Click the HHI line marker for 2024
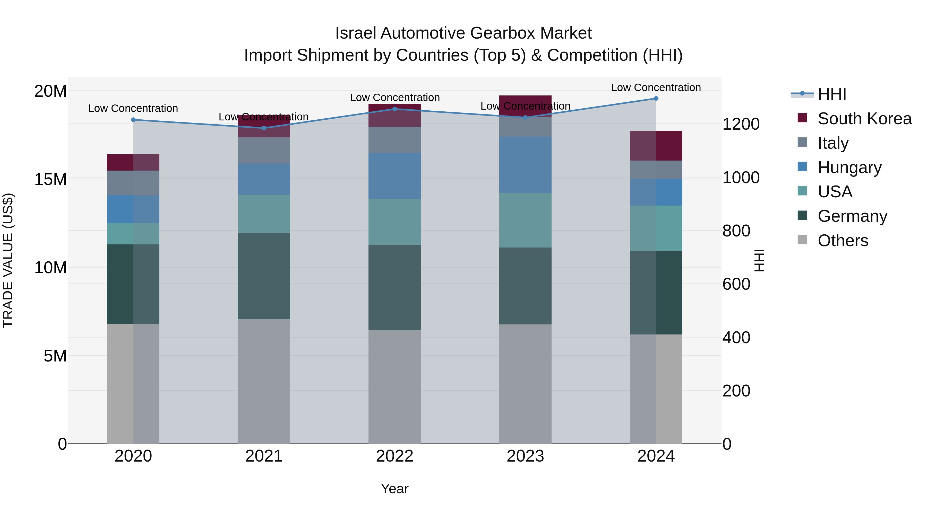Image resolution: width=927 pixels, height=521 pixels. tap(656, 99)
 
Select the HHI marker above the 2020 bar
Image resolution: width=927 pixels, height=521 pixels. tap(133, 120)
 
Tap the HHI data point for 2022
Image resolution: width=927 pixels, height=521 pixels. tap(394, 109)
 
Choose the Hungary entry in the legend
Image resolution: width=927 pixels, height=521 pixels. tap(849, 167)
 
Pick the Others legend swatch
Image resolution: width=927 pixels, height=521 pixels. tap(802, 240)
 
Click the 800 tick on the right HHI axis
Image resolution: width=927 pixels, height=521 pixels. tap(736, 231)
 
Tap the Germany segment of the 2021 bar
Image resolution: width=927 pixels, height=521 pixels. tap(264, 276)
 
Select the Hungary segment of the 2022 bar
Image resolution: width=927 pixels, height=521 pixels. tap(394, 176)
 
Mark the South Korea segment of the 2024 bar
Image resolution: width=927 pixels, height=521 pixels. tap(656, 146)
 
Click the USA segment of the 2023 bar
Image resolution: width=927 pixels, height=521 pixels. tap(525, 220)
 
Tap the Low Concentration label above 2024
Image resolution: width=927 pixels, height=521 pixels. tap(656, 87)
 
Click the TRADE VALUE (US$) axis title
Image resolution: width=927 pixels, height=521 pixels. tap(8, 260)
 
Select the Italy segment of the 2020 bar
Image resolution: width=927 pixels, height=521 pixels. tap(133, 183)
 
